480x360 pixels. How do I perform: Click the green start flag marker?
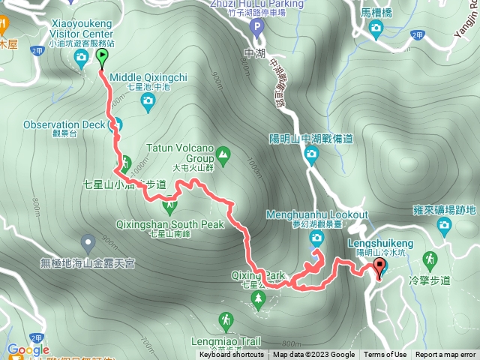coord(102,57)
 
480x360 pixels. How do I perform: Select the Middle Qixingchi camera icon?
coord(148,100)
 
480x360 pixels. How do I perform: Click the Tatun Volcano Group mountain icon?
coord(223,156)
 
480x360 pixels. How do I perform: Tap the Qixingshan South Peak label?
coord(170,223)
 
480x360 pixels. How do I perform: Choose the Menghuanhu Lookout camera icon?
coord(316,238)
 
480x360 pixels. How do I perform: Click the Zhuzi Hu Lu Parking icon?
coord(256,29)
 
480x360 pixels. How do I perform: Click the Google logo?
coord(28,349)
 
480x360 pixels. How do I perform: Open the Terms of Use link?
coord(385,355)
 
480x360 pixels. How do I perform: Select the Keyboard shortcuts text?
coord(231,355)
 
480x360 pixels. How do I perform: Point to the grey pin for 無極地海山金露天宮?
coord(88,243)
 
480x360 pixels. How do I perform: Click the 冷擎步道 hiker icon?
coord(430,260)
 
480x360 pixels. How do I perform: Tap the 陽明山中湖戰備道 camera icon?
coord(311,155)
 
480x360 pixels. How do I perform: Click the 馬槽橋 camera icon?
coord(375,28)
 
